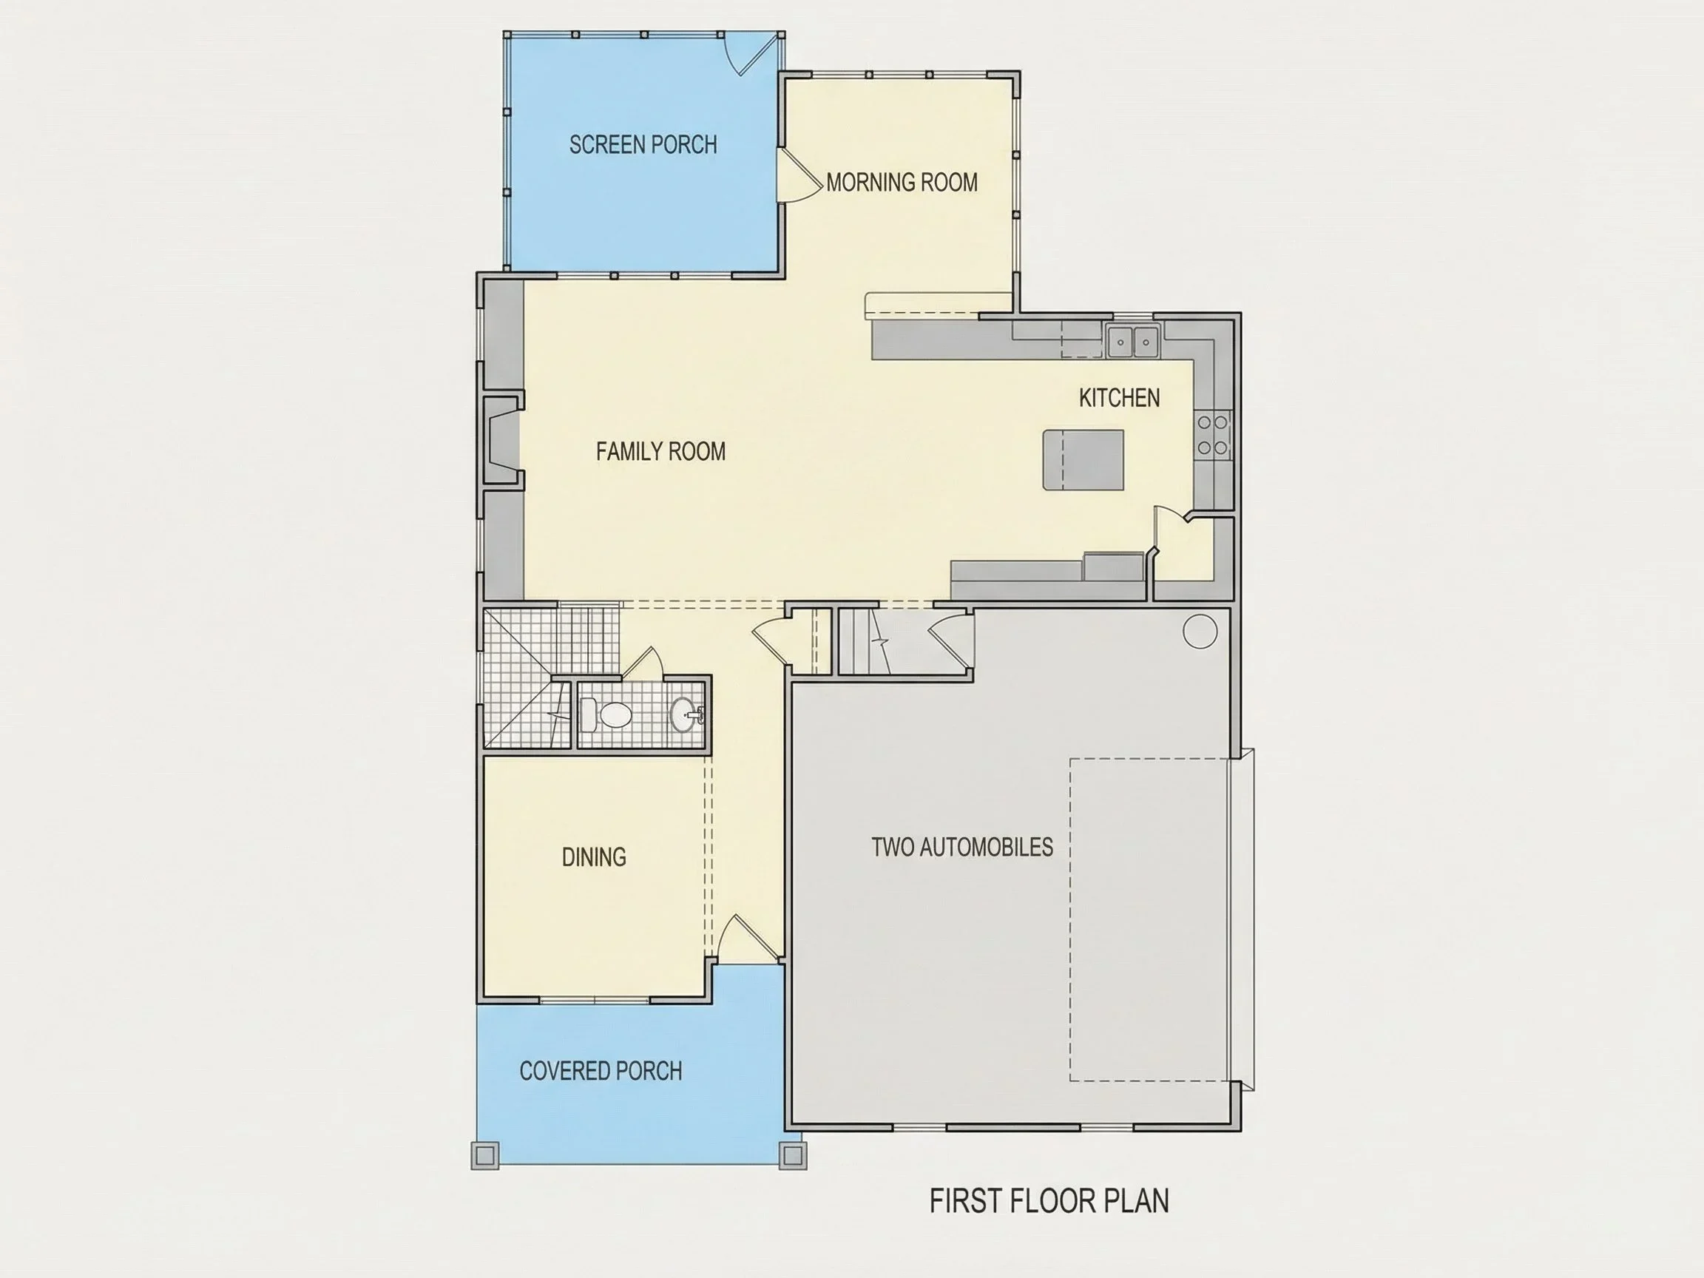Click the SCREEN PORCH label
pyautogui.click(x=643, y=144)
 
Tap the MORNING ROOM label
pyautogui.click(x=902, y=183)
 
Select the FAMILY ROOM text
pyautogui.click(x=661, y=451)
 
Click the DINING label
pyautogui.click(x=594, y=856)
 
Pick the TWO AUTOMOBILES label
pyautogui.click(x=962, y=847)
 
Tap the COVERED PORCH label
pyautogui.click(x=601, y=1071)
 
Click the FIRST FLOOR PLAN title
pyautogui.click(x=1049, y=1201)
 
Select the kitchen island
pyautogui.click(x=1083, y=460)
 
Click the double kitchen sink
pyautogui.click(x=1133, y=341)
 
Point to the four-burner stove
pyautogui.click(x=1212, y=435)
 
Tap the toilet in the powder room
pyautogui.click(x=606, y=715)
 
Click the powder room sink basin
pyautogui.click(x=683, y=715)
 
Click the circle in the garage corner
pyautogui.click(x=1200, y=631)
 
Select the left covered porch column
pyautogui.click(x=484, y=1155)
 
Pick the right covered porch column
pyautogui.click(x=794, y=1155)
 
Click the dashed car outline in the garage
pyautogui.click(x=1150, y=920)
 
